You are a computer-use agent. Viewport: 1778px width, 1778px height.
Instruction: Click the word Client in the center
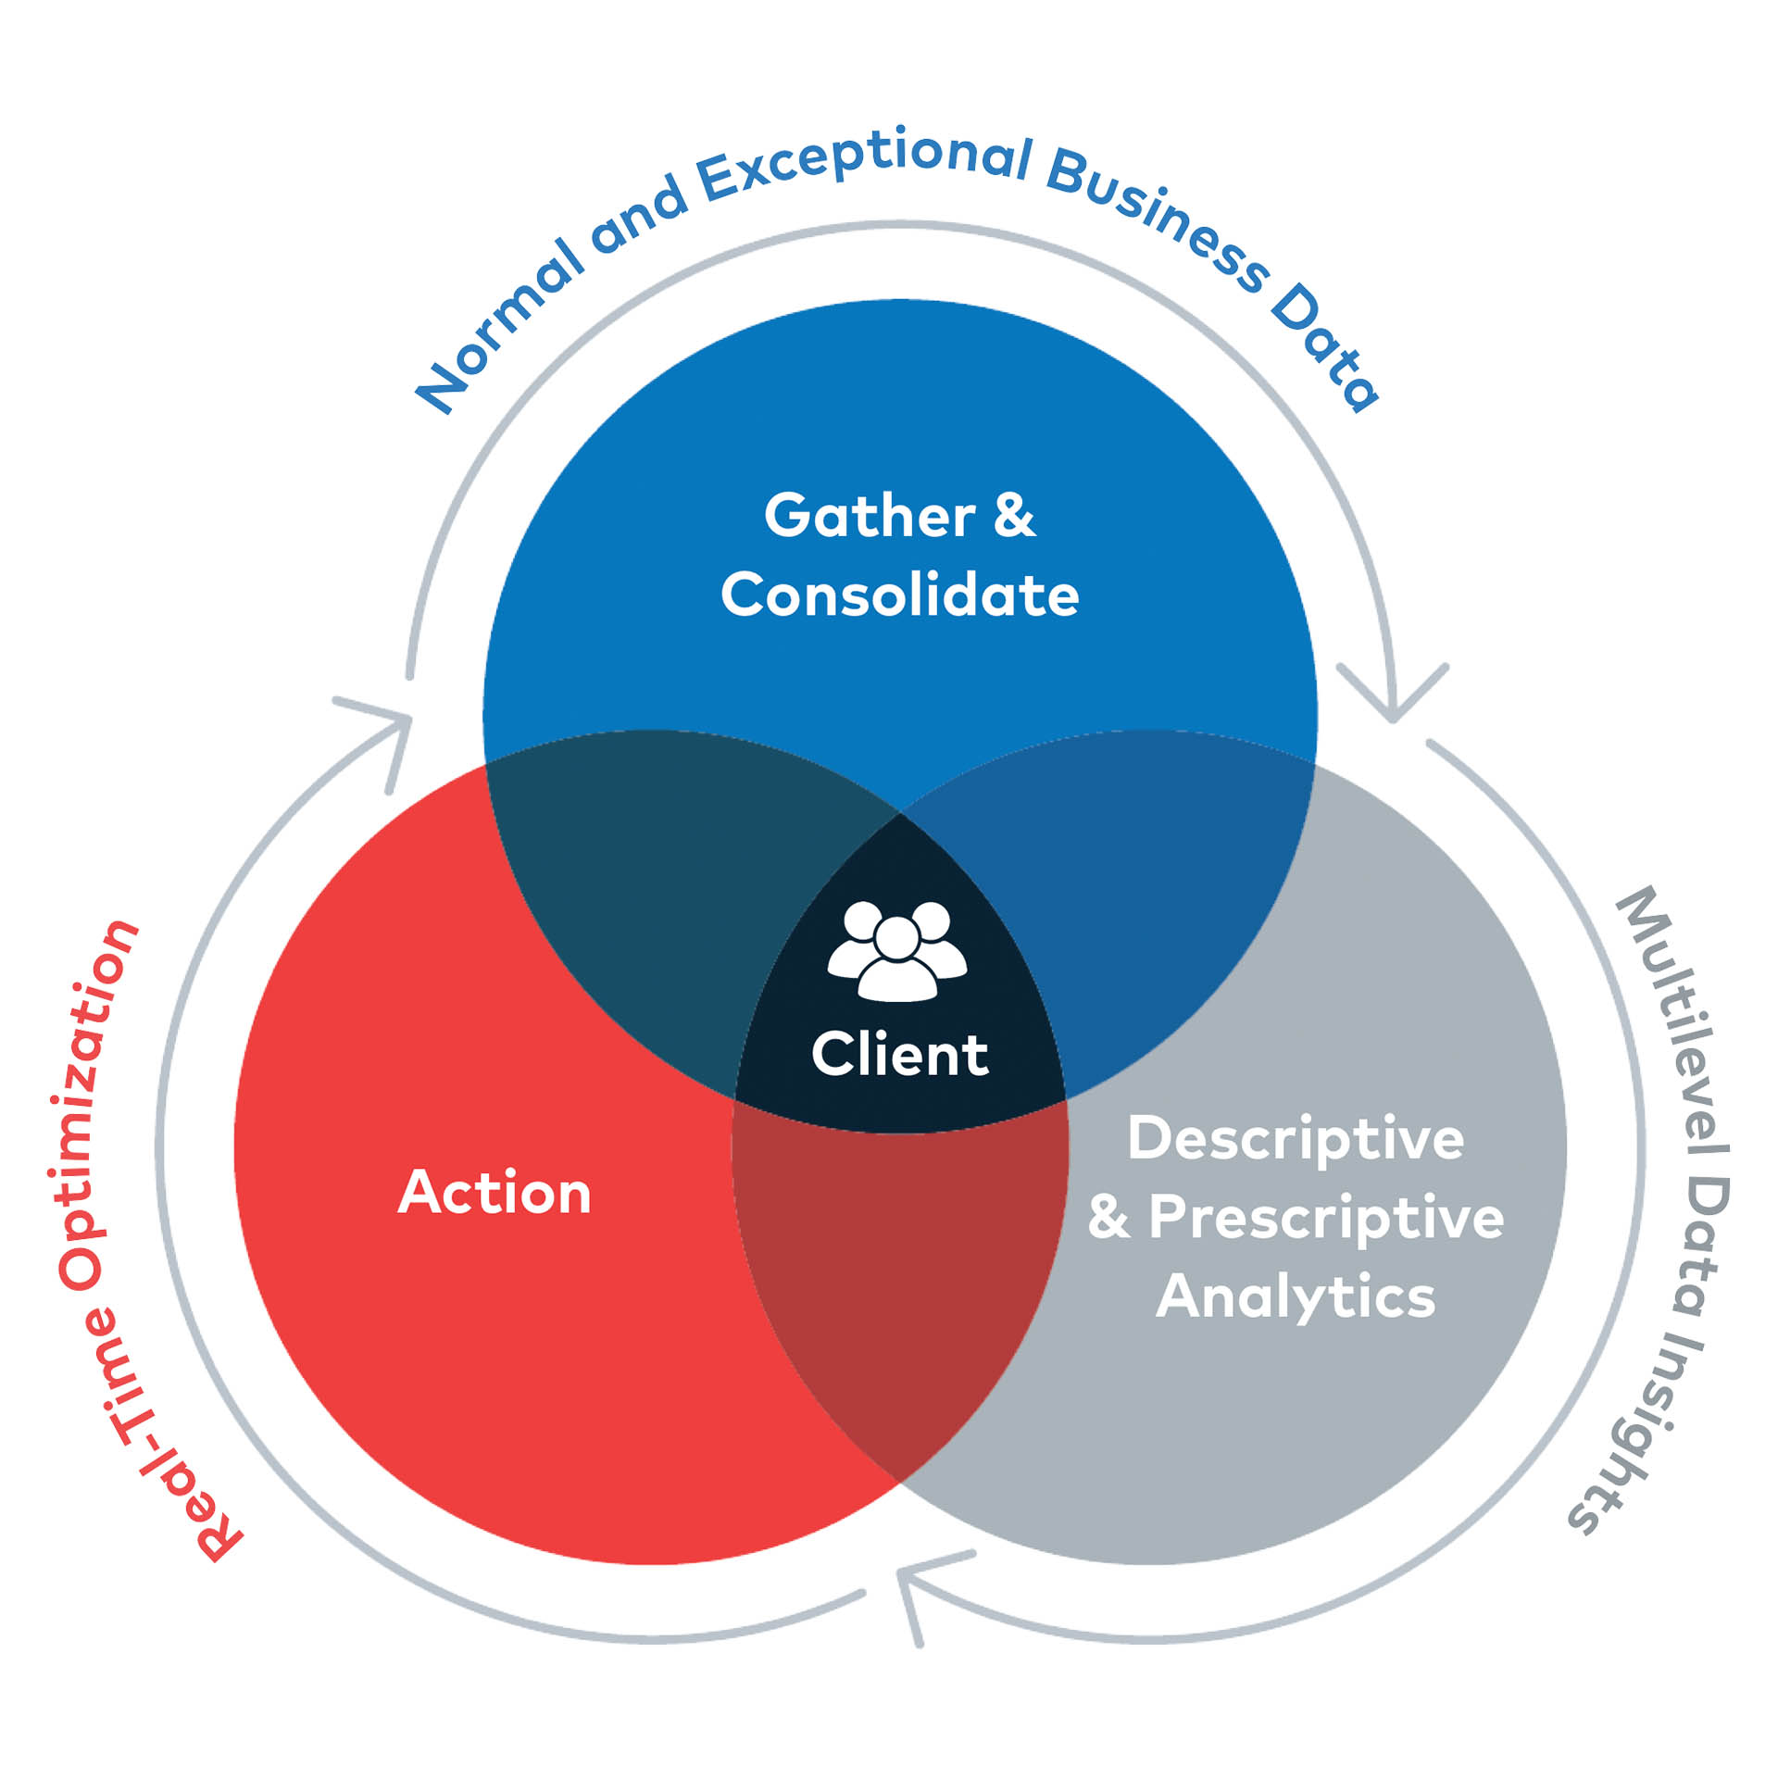[899, 1055]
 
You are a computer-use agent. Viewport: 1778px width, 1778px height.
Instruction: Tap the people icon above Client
[896, 951]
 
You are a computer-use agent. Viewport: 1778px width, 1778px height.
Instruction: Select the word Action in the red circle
[495, 1192]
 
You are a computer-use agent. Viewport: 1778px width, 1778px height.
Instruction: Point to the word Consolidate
[899, 595]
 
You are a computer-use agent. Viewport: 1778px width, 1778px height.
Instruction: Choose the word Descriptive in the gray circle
[1295, 1138]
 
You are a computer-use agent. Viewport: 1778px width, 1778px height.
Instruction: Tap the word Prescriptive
[1326, 1217]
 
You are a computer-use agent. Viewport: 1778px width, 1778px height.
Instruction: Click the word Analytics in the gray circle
[1295, 1296]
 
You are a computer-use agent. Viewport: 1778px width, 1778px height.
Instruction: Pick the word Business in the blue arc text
[1158, 219]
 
